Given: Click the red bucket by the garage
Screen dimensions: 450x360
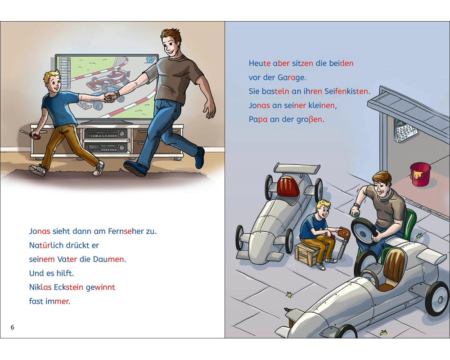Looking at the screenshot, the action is [x=420, y=174].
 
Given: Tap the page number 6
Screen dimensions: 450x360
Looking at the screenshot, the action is [x=12, y=327].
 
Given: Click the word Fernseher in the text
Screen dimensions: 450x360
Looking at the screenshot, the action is [x=126, y=231].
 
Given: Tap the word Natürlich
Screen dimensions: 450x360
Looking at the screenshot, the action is [x=46, y=245].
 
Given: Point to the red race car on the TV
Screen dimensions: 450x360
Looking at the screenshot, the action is [x=107, y=81].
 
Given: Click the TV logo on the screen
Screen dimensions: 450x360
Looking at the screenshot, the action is [x=150, y=60].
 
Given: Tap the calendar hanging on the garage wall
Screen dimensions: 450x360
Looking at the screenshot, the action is [x=405, y=130].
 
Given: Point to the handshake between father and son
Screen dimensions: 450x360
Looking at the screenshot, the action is [x=110, y=97].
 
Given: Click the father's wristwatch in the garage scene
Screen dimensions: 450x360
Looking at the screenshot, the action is [x=357, y=206].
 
